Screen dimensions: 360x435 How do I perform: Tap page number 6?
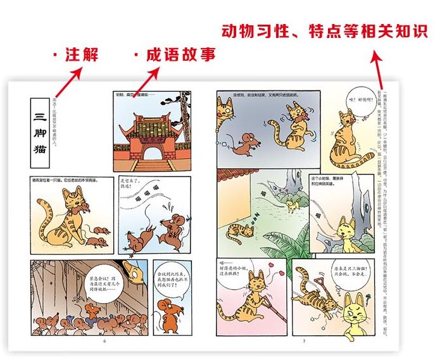[104, 342]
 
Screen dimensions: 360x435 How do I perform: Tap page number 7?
[304, 342]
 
